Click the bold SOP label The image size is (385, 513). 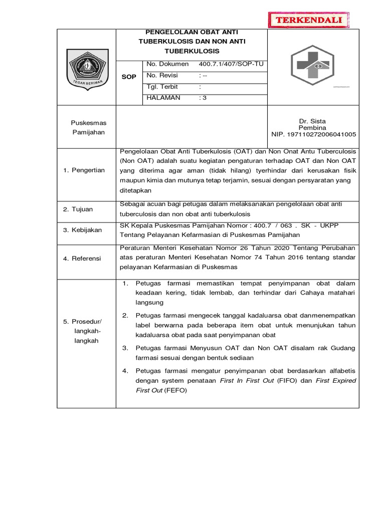pyautogui.click(x=129, y=77)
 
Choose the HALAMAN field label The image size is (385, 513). pyautogui.click(x=163, y=98)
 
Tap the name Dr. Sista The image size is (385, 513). pyautogui.click(x=312, y=122)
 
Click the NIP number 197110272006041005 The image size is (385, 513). pyautogui.click(x=313, y=134)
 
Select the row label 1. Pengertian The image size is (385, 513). pyautogui.click(x=84, y=170)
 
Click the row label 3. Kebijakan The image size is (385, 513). pyautogui.click(x=82, y=230)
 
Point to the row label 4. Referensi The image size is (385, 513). pyautogui.click(x=82, y=259)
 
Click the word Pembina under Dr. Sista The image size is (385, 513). pyautogui.click(x=312, y=128)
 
